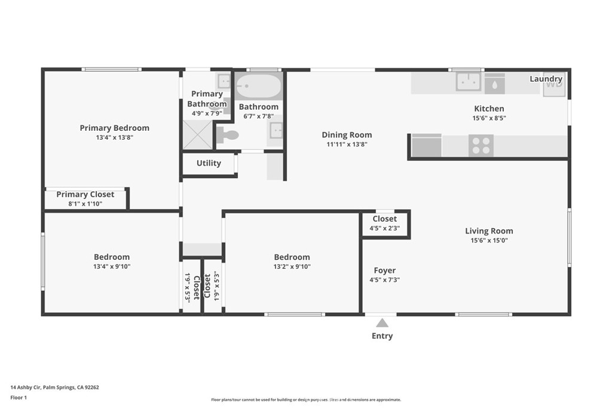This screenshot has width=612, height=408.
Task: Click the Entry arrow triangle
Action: (382, 323)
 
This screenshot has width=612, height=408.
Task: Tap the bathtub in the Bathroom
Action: (258, 87)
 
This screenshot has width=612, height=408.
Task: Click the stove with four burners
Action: (481, 145)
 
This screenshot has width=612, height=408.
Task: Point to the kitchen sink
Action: (468, 82)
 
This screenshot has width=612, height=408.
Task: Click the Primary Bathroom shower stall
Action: (197, 134)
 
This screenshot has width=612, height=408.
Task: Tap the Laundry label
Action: (546, 79)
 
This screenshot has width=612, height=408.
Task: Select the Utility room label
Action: (209, 163)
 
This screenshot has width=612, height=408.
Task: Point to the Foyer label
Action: (385, 270)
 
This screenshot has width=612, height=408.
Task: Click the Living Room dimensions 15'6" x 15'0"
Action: (489, 240)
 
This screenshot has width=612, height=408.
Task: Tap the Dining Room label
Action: (347, 135)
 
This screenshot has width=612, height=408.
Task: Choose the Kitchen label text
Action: (489, 109)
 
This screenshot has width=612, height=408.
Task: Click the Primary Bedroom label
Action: (114, 128)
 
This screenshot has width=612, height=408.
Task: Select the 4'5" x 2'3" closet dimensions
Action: (384, 228)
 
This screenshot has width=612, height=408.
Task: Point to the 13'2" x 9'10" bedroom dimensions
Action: (292, 266)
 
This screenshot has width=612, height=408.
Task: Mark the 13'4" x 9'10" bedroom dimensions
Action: (112, 266)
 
